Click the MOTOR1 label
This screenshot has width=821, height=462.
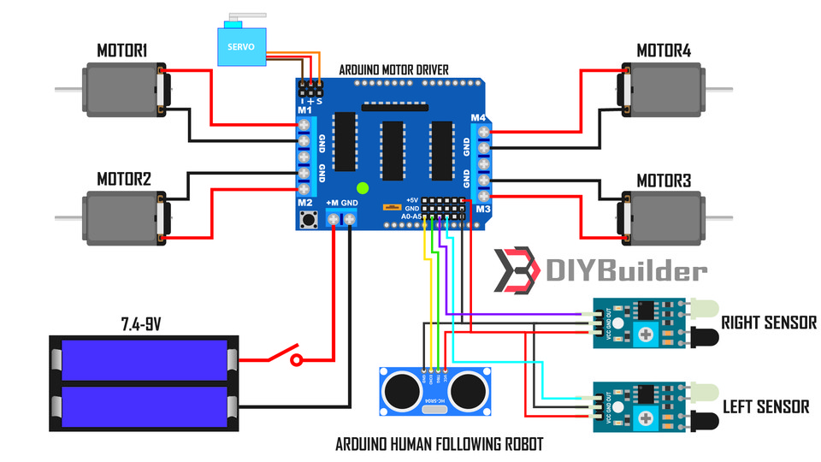(x=121, y=52)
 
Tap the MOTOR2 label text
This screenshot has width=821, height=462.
(x=123, y=180)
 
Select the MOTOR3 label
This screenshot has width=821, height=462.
(x=663, y=181)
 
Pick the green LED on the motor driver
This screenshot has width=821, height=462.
(x=362, y=187)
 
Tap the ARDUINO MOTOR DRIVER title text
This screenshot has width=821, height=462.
(x=393, y=69)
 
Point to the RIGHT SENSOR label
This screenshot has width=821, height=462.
(x=768, y=323)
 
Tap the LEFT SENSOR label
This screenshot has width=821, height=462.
(x=765, y=407)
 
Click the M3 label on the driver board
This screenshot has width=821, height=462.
(x=483, y=209)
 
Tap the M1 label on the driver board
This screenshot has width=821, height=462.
(x=304, y=110)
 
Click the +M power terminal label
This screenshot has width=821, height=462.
(x=332, y=203)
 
